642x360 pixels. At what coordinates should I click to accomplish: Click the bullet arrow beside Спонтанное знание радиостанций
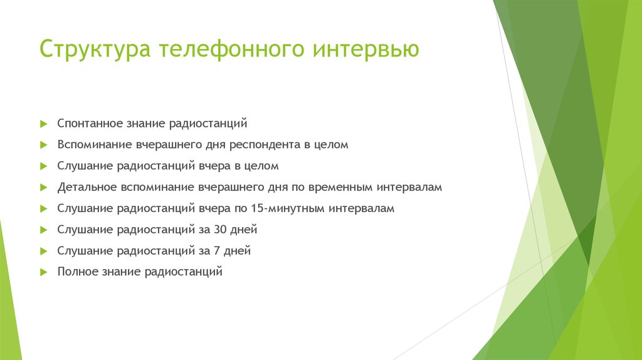43,124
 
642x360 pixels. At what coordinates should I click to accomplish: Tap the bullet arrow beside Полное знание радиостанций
43,273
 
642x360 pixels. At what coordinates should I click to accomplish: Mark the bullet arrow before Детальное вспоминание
43,188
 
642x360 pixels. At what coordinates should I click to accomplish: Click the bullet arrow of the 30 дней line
43,230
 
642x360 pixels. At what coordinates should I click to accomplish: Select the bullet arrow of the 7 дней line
43,251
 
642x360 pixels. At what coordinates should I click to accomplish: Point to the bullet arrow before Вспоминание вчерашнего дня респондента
43,145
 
